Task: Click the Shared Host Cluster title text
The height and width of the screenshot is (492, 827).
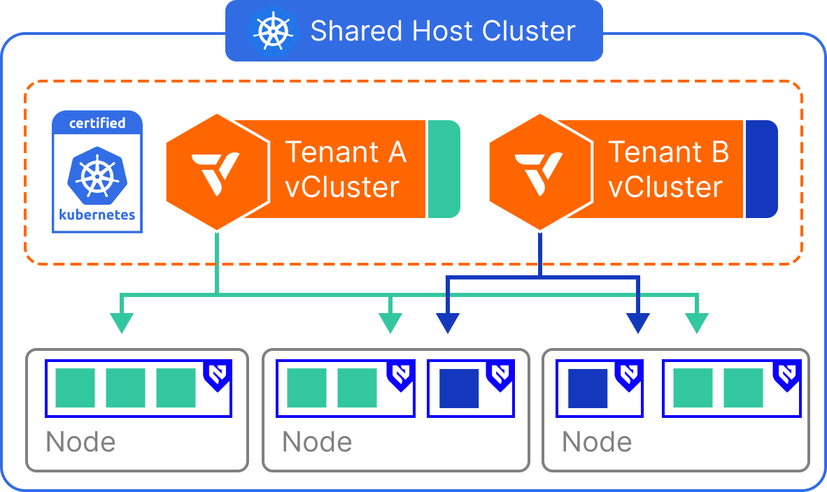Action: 442,31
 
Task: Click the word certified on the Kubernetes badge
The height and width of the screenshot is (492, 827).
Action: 97,123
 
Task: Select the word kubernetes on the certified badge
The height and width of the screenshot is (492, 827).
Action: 97,215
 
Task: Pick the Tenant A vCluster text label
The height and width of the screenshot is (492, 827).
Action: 346,169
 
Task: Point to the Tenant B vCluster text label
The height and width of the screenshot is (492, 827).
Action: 667,169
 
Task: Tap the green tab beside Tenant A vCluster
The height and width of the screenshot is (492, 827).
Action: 443,168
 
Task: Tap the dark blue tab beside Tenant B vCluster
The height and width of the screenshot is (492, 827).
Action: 761,168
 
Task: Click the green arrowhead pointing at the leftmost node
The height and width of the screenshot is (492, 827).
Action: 122,322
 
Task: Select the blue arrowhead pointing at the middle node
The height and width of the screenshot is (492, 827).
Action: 448,322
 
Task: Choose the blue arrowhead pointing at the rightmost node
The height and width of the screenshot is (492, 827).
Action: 638,322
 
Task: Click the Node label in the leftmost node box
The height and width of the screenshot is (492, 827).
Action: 80,442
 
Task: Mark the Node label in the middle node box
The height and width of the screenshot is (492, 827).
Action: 317,442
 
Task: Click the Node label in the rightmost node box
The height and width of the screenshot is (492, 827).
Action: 597,442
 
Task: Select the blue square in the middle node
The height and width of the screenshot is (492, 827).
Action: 459,389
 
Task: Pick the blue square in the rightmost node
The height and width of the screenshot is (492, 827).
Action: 587,389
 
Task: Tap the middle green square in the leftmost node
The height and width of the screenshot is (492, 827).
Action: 125,389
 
